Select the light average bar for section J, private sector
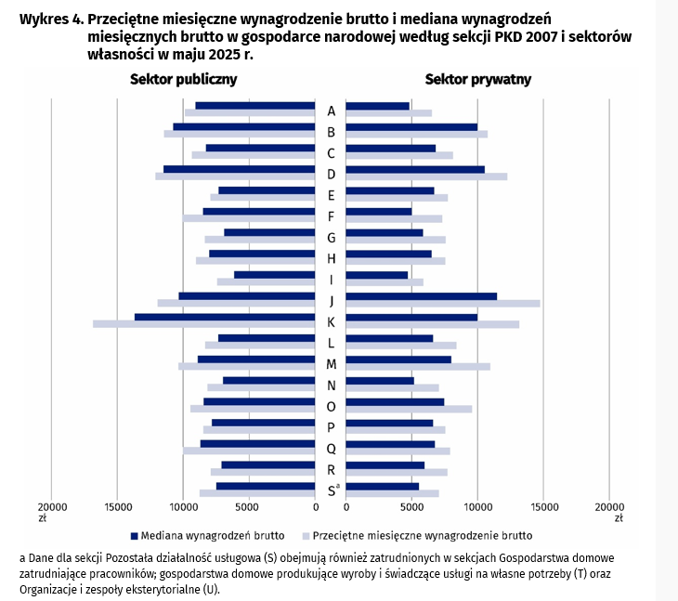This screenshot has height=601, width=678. pyautogui.click(x=442, y=303)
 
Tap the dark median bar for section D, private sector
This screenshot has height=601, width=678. pyautogui.click(x=415, y=169)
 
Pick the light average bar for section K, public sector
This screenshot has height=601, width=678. pyautogui.click(x=204, y=324)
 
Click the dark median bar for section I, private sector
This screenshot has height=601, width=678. pyautogui.click(x=377, y=275)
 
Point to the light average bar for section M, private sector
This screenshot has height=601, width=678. pyautogui.click(x=418, y=366)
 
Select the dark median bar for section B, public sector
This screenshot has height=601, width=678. pyautogui.click(x=244, y=126)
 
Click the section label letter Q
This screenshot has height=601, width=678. pyautogui.click(x=331, y=449)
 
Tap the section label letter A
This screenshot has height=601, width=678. pyautogui.click(x=331, y=111)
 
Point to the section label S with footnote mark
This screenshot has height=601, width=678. pyautogui.click(x=332, y=490)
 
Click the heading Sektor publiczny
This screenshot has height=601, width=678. pyautogui.click(x=183, y=80)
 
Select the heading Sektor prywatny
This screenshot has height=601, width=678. pyautogui.click(x=478, y=80)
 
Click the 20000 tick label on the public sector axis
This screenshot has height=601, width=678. pyautogui.click(x=53, y=508)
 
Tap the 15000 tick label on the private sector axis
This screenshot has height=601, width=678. pyautogui.click(x=543, y=508)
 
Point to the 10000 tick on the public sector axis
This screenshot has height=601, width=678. pyautogui.click(x=184, y=508)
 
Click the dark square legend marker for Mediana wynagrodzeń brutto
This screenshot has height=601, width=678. pyautogui.click(x=134, y=536)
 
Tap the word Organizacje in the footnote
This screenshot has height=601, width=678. pyautogui.click(x=48, y=589)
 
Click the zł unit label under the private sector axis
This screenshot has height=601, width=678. pyautogui.click(x=616, y=518)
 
